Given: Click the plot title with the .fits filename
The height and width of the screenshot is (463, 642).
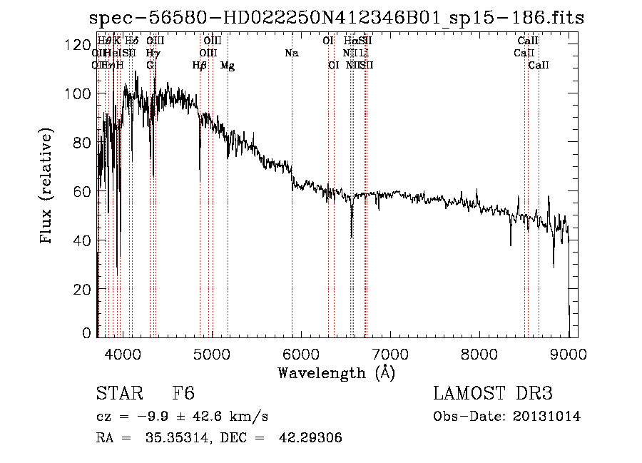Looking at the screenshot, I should [x=337, y=19].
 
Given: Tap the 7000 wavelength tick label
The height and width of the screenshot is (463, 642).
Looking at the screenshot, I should [x=390, y=352].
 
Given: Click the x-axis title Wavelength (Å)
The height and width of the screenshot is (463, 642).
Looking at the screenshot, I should [x=336, y=372].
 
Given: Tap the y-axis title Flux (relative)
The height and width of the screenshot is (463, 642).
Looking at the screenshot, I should [x=48, y=187].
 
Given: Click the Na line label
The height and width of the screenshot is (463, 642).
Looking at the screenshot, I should [x=291, y=54].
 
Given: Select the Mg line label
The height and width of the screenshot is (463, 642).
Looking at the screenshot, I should [x=228, y=66].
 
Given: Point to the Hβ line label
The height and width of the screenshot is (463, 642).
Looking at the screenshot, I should [x=200, y=66].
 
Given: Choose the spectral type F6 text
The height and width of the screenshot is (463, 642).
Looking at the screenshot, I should [x=183, y=394].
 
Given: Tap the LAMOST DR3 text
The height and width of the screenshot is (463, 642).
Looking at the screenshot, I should [x=492, y=394].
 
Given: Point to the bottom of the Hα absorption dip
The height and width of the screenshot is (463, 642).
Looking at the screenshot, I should [x=351, y=237].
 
